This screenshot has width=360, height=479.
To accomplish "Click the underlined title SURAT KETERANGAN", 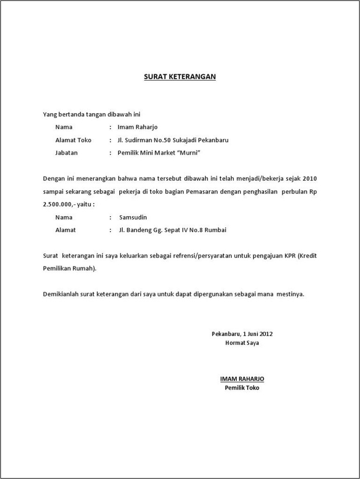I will tap(180, 76).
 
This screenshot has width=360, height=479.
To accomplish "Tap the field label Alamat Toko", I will tap(73, 140).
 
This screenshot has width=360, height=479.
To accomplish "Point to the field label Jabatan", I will tap(66, 153).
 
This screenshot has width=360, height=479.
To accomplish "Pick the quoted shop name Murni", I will tap(189, 153).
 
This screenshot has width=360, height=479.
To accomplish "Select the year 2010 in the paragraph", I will tap(310, 178).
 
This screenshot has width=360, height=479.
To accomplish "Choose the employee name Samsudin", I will tap(133, 217).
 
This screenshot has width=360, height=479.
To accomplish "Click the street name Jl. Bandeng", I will tap(133, 230).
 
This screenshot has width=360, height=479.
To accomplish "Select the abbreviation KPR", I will tap(288, 256).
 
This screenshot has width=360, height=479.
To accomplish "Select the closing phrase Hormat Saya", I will tap(242, 343).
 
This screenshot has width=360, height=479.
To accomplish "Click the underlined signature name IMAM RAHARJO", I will tap(242, 379).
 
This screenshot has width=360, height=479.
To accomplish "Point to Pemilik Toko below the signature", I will tap(242, 388).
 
